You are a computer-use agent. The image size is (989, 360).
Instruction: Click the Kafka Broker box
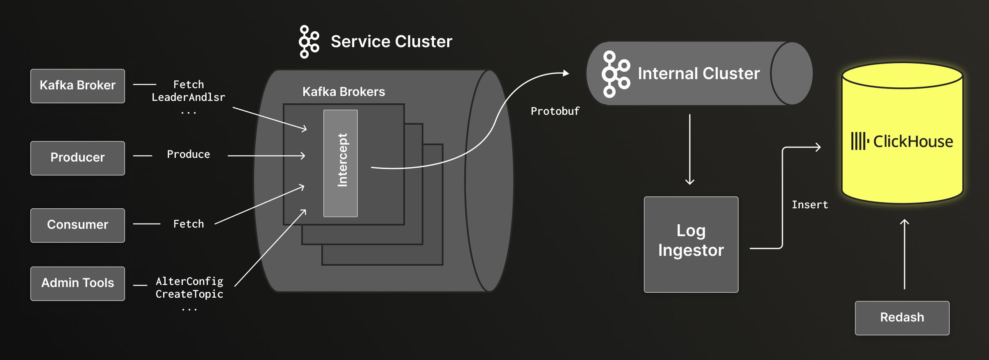click(77, 86)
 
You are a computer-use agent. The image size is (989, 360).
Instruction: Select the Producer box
click(77, 158)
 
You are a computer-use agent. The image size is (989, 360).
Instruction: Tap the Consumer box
click(77, 225)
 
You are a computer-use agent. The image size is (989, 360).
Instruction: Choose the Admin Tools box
click(77, 283)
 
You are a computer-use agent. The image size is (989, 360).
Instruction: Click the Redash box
click(902, 318)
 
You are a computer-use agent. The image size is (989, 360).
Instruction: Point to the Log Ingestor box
click(691, 244)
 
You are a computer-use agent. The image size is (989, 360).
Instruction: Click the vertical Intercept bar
click(341, 163)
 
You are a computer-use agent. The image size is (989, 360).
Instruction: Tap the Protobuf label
click(555, 111)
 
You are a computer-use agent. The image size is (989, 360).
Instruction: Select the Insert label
click(809, 205)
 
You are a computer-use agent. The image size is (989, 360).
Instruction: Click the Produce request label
click(188, 155)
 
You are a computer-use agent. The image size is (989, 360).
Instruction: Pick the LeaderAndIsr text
click(188, 98)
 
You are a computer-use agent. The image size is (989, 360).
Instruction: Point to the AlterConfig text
click(189, 281)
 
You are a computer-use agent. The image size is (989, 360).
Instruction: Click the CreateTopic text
click(189, 294)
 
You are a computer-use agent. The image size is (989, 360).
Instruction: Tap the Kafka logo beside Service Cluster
click(309, 42)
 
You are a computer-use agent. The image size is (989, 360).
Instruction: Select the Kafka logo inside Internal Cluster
click(615, 74)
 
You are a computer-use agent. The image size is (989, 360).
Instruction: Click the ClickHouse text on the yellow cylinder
click(913, 141)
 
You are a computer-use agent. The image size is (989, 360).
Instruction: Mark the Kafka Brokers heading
click(343, 92)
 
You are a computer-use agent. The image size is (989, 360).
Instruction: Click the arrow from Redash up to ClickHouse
click(904, 254)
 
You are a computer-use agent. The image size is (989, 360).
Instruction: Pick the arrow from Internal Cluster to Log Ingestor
click(690, 150)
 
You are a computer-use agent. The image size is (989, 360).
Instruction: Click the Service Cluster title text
click(391, 41)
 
